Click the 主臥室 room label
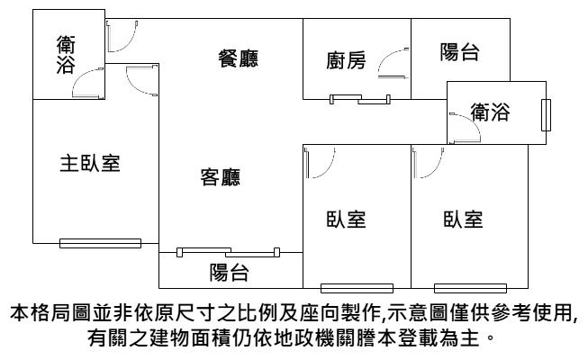click(x=90, y=164)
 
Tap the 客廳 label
click(x=221, y=177)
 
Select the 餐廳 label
click(x=239, y=58)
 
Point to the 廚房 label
click(x=346, y=60)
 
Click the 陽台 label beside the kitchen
click(x=460, y=52)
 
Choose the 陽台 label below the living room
click(x=229, y=272)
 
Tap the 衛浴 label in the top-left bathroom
click(x=66, y=54)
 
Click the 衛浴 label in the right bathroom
click(x=490, y=112)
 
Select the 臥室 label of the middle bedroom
click(x=346, y=220)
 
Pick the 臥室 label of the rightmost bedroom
click(x=463, y=220)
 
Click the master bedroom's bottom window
click(x=101, y=243)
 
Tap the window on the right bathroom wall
click(x=546, y=115)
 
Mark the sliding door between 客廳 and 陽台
click(x=229, y=252)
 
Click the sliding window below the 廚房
click(x=360, y=99)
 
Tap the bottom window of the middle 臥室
click(x=357, y=288)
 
